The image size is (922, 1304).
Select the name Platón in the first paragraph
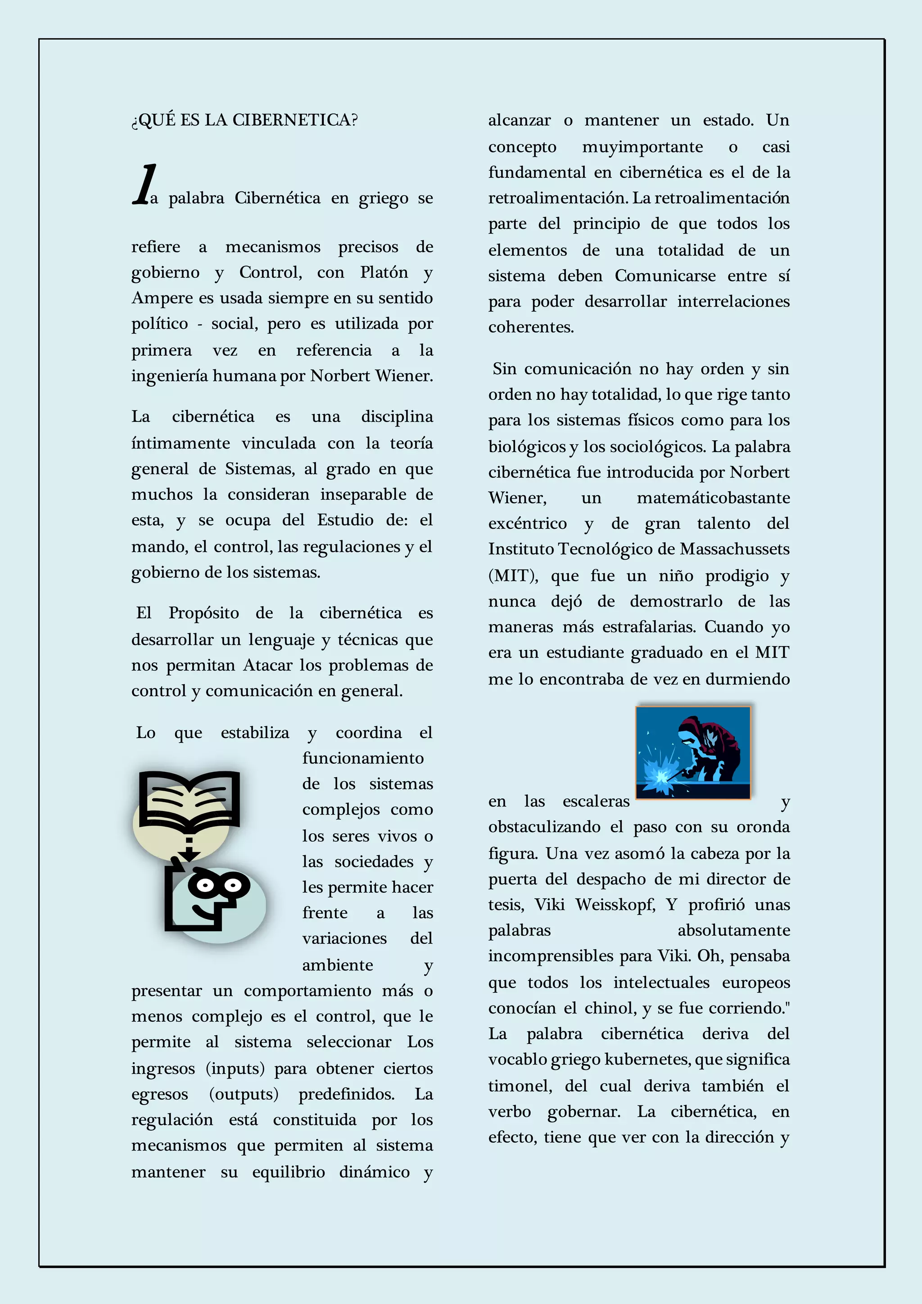click(x=384, y=272)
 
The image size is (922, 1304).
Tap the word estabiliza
click(x=255, y=733)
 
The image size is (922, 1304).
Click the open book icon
click(x=190, y=798)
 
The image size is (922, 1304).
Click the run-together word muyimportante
click(x=642, y=147)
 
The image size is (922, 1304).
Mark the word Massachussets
click(x=735, y=549)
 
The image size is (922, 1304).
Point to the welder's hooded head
click(x=691, y=730)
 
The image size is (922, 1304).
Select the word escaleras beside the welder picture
click(x=596, y=801)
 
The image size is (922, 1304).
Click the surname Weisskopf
click(x=615, y=904)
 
